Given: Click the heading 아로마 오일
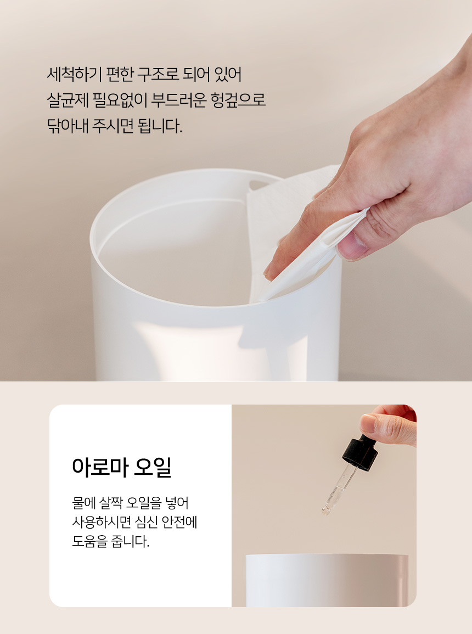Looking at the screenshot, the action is point(122,468).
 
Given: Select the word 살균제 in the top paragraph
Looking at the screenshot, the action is point(68,100).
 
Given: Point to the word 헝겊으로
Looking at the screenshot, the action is point(238,100).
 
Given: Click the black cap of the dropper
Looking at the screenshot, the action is point(360,452).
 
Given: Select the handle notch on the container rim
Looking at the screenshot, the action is point(259,185).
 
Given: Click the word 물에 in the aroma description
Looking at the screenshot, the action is point(83,503).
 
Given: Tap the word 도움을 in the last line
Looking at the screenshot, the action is point(89,541).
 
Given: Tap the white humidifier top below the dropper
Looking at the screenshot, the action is point(327,580).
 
